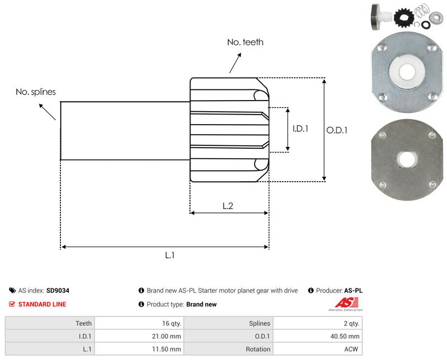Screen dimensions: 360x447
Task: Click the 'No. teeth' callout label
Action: click(x=245, y=42)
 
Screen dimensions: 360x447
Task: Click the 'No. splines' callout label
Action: click(x=36, y=92)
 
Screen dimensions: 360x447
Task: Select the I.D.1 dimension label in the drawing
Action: click(x=301, y=129)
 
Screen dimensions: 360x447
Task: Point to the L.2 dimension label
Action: click(x=228, y=206)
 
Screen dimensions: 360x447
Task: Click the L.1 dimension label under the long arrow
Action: click(x=170, y=255)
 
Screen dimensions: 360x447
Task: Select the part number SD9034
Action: click(x=58, y=291)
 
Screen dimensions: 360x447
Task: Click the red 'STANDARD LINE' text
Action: click(x=42, y=305)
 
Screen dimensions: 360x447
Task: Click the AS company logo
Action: click(x=344, y=305)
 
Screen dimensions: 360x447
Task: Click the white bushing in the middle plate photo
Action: click(x=405, y=71)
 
